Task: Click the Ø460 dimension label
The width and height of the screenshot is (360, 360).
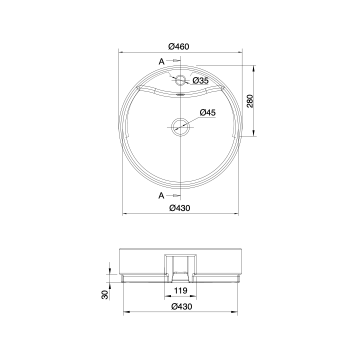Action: (178, 46)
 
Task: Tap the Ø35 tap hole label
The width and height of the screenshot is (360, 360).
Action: (200, 80)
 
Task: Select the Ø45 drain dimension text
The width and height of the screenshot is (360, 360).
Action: (207, 112)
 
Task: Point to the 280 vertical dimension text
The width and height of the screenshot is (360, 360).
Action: (249, 101)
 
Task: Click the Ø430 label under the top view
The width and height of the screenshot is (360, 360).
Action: (180, 208)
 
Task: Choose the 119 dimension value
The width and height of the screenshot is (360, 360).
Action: (180, 290)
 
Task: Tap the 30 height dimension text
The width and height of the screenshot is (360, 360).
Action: (104, 295)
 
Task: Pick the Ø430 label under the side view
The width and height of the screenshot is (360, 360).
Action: (181, 306)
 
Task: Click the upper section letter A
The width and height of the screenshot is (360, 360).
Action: (161, 61)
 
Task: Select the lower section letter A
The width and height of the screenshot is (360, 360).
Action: (161, 195)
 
